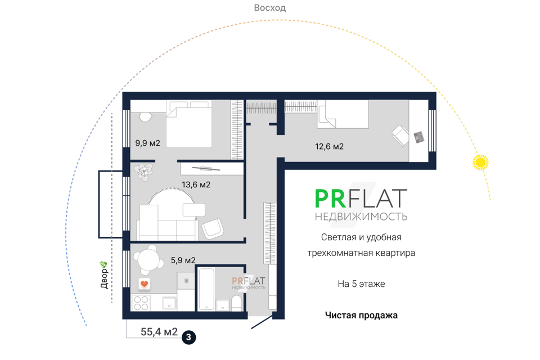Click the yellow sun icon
(480, 162)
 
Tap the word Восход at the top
(269, 7)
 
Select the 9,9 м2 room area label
(147, 143)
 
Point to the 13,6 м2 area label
(196, 184)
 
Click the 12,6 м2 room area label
(329, 146)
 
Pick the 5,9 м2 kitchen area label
(183, 260)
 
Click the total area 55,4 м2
(159, 332)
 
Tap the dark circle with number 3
(188, 337)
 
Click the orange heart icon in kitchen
(145, 283)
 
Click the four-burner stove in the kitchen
(141, 303)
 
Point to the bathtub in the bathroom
(206, 289)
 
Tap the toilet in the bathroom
(237, 303)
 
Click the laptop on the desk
(418, 137)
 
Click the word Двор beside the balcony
(104, 278)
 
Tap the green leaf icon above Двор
(103, 264)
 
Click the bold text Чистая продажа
(361, 315)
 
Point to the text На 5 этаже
(361, 284)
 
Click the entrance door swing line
(263, 321)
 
